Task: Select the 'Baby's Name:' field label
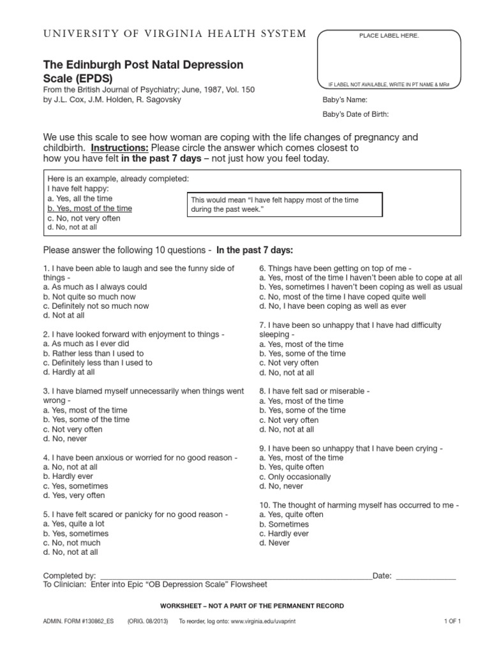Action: click(345, 100)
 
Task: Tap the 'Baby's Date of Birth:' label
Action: click(356, 115)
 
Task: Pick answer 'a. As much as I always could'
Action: click(95, 287)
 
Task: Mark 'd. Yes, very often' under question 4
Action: click(74, 495)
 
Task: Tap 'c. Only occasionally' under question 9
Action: click(295, 477)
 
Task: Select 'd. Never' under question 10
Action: click(274, 543)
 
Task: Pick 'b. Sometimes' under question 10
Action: click(284, 524)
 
